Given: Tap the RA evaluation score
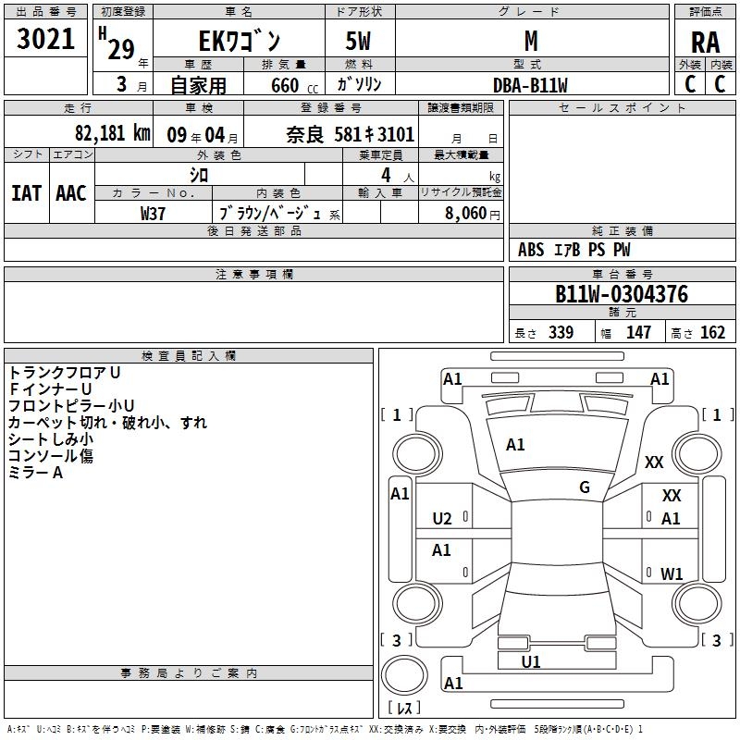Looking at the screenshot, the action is [705, 42].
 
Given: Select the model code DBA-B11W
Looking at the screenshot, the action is [530, 85].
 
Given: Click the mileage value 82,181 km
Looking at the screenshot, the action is [112, 133].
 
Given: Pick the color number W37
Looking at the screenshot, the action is [153, 213].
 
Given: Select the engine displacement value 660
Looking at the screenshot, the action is [285, 86].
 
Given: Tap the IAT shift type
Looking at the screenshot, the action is [26, 192].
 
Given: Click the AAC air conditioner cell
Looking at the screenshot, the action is [70, 192].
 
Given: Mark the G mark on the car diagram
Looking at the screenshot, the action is [585, 487].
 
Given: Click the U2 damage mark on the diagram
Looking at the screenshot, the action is [442, 518].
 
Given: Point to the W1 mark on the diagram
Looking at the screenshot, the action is [672, 574].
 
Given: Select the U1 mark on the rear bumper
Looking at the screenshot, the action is [531, 661].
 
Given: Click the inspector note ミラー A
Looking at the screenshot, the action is [35, 473].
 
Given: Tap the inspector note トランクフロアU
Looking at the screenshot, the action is [64, 372].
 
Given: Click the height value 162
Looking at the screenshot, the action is [713, 333].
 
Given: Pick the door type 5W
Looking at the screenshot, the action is [360, 42].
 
